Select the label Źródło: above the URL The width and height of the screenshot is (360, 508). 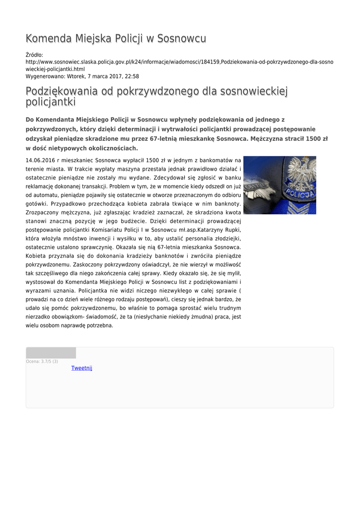pos(34,55)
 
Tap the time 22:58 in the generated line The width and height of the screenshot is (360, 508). pos(132,76)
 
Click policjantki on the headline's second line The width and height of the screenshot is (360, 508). pos(51,102)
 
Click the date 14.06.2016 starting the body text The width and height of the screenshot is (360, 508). pos(40,160)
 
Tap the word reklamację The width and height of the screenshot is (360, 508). pos(41,186)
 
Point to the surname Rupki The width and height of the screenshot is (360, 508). pos(231,230)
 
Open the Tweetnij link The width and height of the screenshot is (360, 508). pos(81,368)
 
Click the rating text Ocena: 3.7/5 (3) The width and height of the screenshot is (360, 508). pos(42,361)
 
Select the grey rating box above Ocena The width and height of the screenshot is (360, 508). pos(51,353)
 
